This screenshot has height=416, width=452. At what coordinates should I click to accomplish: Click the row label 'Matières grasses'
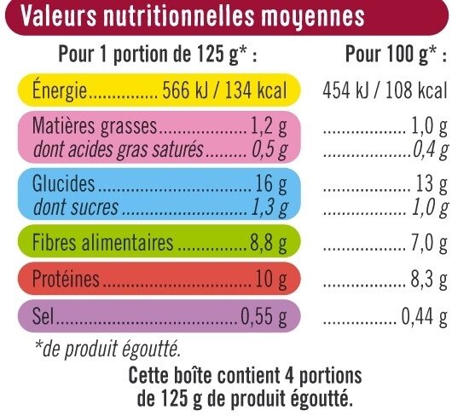pos(95,128)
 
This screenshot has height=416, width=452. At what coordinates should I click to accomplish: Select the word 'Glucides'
pos(60,184)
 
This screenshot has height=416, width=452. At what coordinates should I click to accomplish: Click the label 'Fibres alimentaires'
pos(101,246)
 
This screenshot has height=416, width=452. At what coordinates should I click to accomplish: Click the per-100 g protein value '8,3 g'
pos(428,280)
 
